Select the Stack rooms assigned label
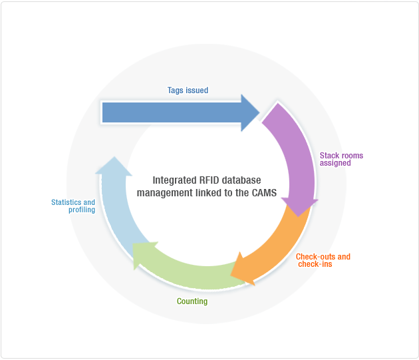pyautogui.click(x=341, y=159)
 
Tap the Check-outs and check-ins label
pyautogui.click(x=323, y=260)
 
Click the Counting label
pyautogui.click(x=192, y=301)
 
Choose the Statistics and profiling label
pyautogui.click(x=73, y=206)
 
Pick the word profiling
pyautogui.click(x=82, y=210)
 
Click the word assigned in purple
pyautogui.click(x=335, y=163)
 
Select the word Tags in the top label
pyautogui.click(x=175, y=90)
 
